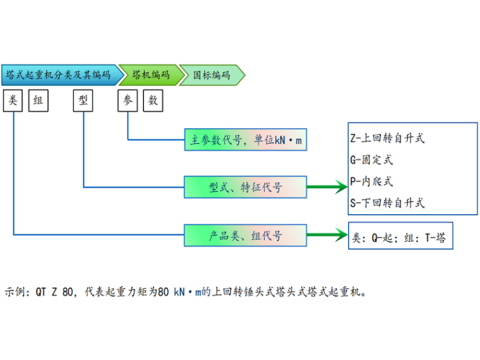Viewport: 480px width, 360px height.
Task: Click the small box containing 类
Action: point(13,100)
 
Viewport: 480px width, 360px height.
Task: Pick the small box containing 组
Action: point(38,100)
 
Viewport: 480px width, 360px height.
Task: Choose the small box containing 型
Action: point(83,100)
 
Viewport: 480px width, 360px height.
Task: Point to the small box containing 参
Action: point(128,100)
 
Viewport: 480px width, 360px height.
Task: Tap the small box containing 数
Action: point(152,100)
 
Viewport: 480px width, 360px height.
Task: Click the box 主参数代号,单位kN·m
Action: point(245,140)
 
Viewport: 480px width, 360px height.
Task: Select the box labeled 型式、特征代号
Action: point(245,188)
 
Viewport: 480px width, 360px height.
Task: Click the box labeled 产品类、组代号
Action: point(245,236)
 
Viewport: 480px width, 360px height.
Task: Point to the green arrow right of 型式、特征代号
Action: point(327,187)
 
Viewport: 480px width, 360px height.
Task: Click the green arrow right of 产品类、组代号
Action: point(327,236)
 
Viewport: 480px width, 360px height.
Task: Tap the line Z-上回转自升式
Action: point(387,138)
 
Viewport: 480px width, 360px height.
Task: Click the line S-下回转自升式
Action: point(387,203)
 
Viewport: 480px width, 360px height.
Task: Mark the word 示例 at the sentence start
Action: point(15,292)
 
